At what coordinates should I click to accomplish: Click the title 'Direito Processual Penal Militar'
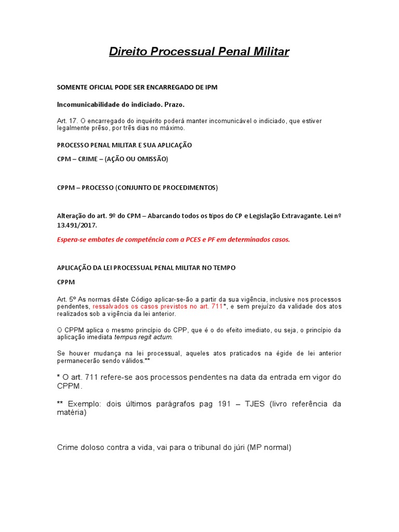point(199,51)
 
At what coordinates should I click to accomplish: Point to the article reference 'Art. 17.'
point(66,121)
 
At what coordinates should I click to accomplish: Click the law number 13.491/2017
point(76,226)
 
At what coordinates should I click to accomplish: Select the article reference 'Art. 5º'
point(67,300)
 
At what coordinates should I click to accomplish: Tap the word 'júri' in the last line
point(237,447)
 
